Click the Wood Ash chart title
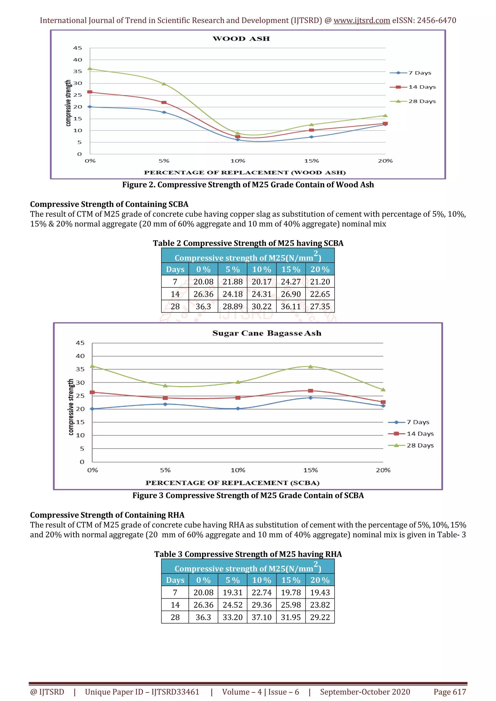[241, 39]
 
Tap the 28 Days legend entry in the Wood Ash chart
[422, 101]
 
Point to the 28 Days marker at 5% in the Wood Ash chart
[164, 84]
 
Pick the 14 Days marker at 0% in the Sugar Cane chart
[92, 392]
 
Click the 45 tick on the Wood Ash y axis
[77, 48]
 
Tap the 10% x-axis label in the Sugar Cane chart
[238, 470]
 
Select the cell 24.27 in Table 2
[291, 282]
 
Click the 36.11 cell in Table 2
[291, 306]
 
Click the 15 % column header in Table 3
[291, 580]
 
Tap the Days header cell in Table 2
[175, 270]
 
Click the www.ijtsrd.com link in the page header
[362, 21]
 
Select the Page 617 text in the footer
[449, 692]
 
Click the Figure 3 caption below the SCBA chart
[248, 495]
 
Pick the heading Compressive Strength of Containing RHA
[107, 515]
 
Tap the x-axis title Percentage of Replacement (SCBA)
[232, 483]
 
